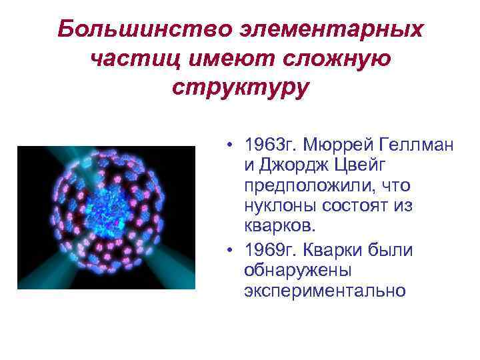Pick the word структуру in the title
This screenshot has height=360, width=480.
pyautogui.click(x=240, y=89)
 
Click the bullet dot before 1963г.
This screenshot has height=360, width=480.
pyautogui.click(x=229, y=145)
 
